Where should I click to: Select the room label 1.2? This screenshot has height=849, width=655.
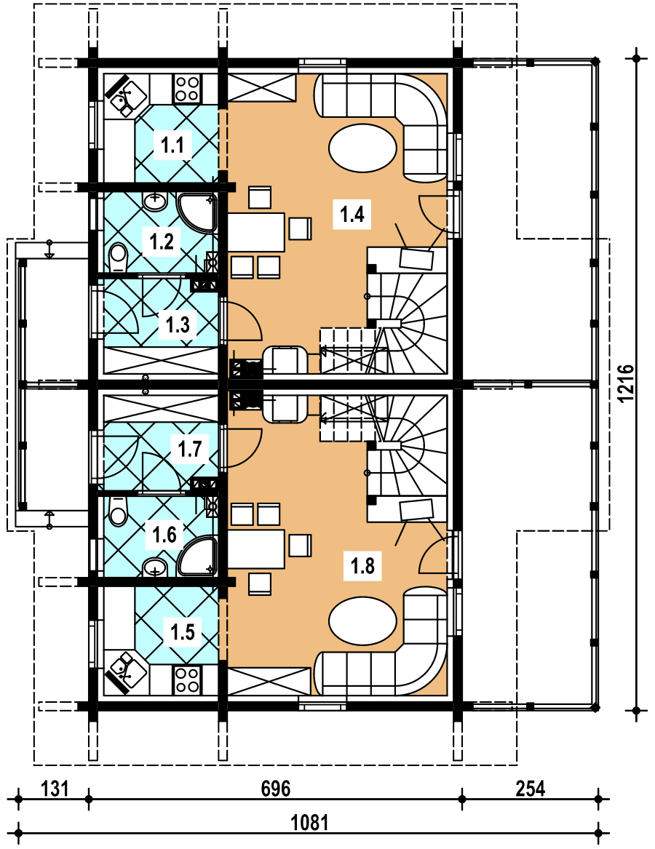click(161, 242)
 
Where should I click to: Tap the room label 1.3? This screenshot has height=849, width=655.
click(178, 324)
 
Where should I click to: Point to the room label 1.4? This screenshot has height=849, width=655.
click(352, 215)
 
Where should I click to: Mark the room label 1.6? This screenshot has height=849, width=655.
click(164, 536)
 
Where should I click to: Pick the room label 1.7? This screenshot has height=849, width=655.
click(189, 449)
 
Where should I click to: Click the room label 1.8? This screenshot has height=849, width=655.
click(362, 565)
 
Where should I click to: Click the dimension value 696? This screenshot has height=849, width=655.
click(275, 789)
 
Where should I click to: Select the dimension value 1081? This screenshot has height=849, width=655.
click(310, 823)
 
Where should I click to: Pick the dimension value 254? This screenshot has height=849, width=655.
click(531, 789)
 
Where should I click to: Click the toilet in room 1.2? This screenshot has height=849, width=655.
click(117, 256)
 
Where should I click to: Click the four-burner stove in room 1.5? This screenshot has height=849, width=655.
click(187, 679)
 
